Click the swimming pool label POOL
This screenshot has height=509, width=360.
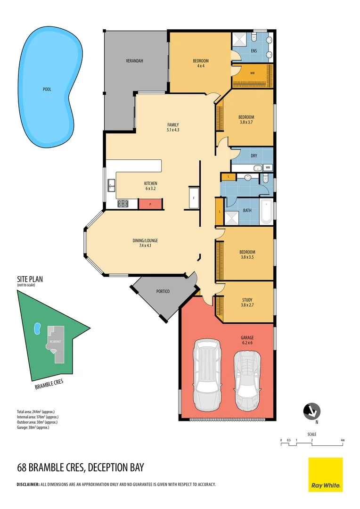tap(47, 89)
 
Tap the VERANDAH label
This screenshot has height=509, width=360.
tap(134, 61)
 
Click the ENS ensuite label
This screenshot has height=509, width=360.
tap(254, 51)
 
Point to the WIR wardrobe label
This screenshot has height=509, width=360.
tap(253, 73)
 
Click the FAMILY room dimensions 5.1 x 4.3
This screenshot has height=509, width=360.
tap(173, 130)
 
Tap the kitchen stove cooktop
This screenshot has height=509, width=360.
tap(123, 204)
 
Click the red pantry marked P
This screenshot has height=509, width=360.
tap(150, 204)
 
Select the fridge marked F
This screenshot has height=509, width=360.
tap(194, 198)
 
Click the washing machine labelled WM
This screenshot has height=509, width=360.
tap(268, 167)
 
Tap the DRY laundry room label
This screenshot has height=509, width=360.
tap(254, 155)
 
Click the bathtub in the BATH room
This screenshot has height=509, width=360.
tap(266, 212)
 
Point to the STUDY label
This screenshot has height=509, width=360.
tap(247, 299)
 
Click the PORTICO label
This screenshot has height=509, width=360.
tap(163, 291)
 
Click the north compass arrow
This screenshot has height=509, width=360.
tap(311, 411)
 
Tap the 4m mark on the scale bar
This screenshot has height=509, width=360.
tap(343, 440)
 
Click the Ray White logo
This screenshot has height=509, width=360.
tap(325, 474)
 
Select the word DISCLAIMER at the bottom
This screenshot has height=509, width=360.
tap(28, 484)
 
